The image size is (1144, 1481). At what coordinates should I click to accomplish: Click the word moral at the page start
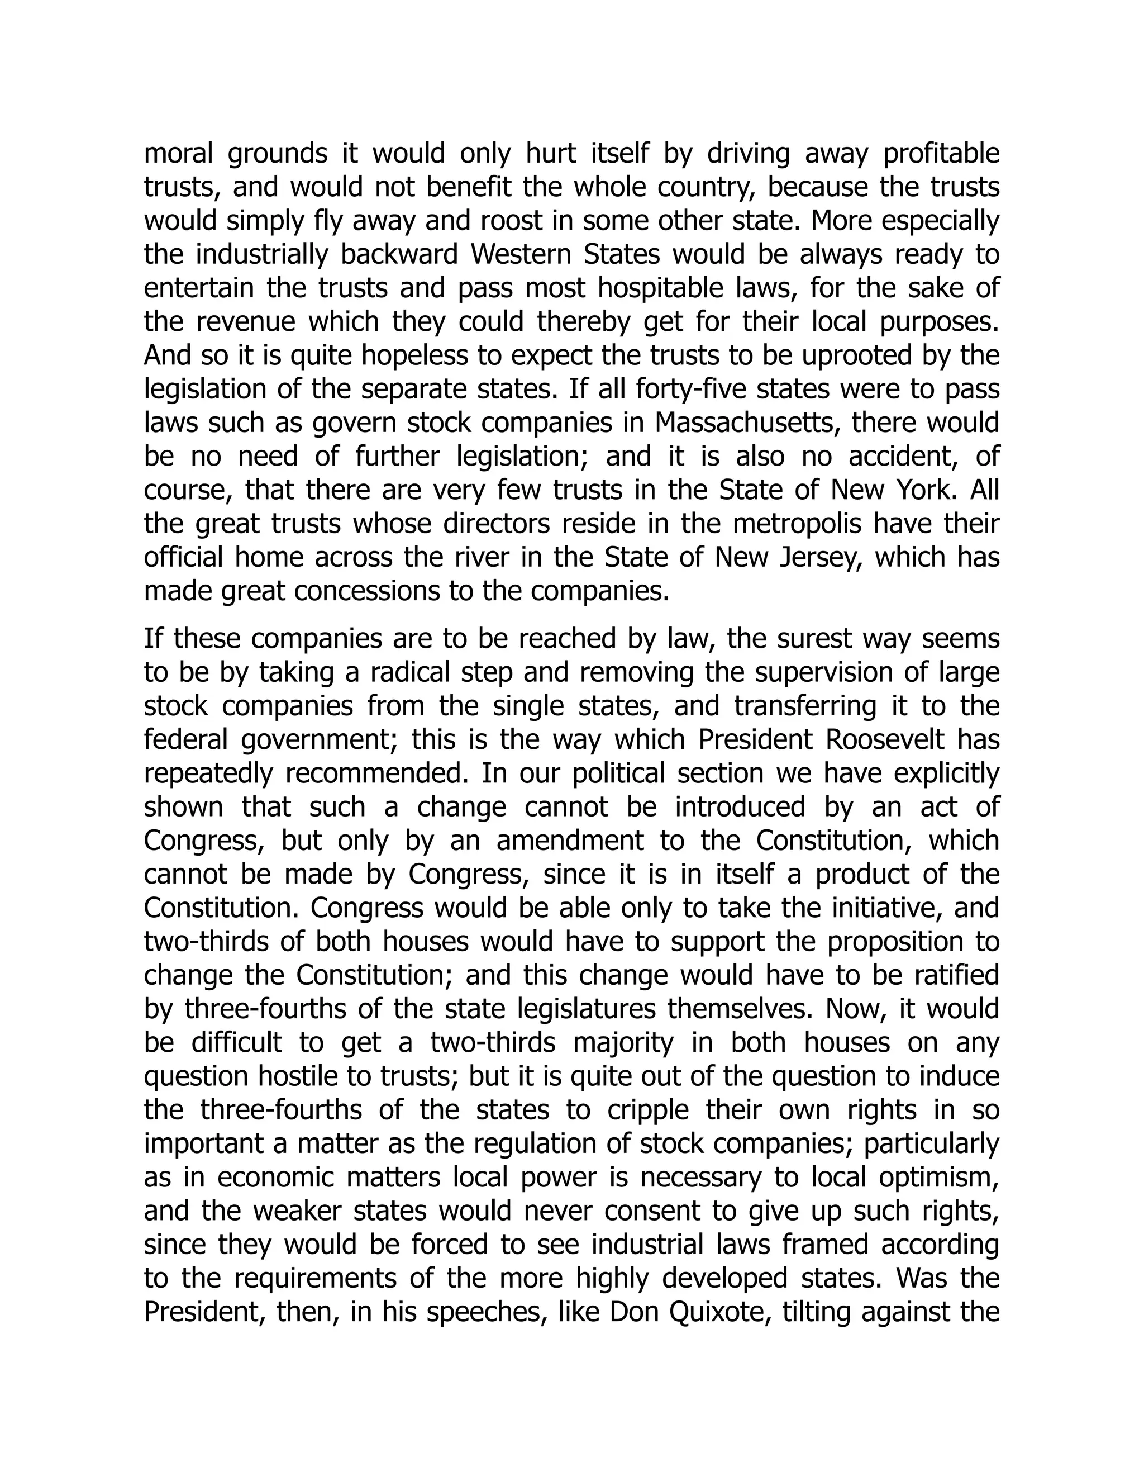pos(178,154)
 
